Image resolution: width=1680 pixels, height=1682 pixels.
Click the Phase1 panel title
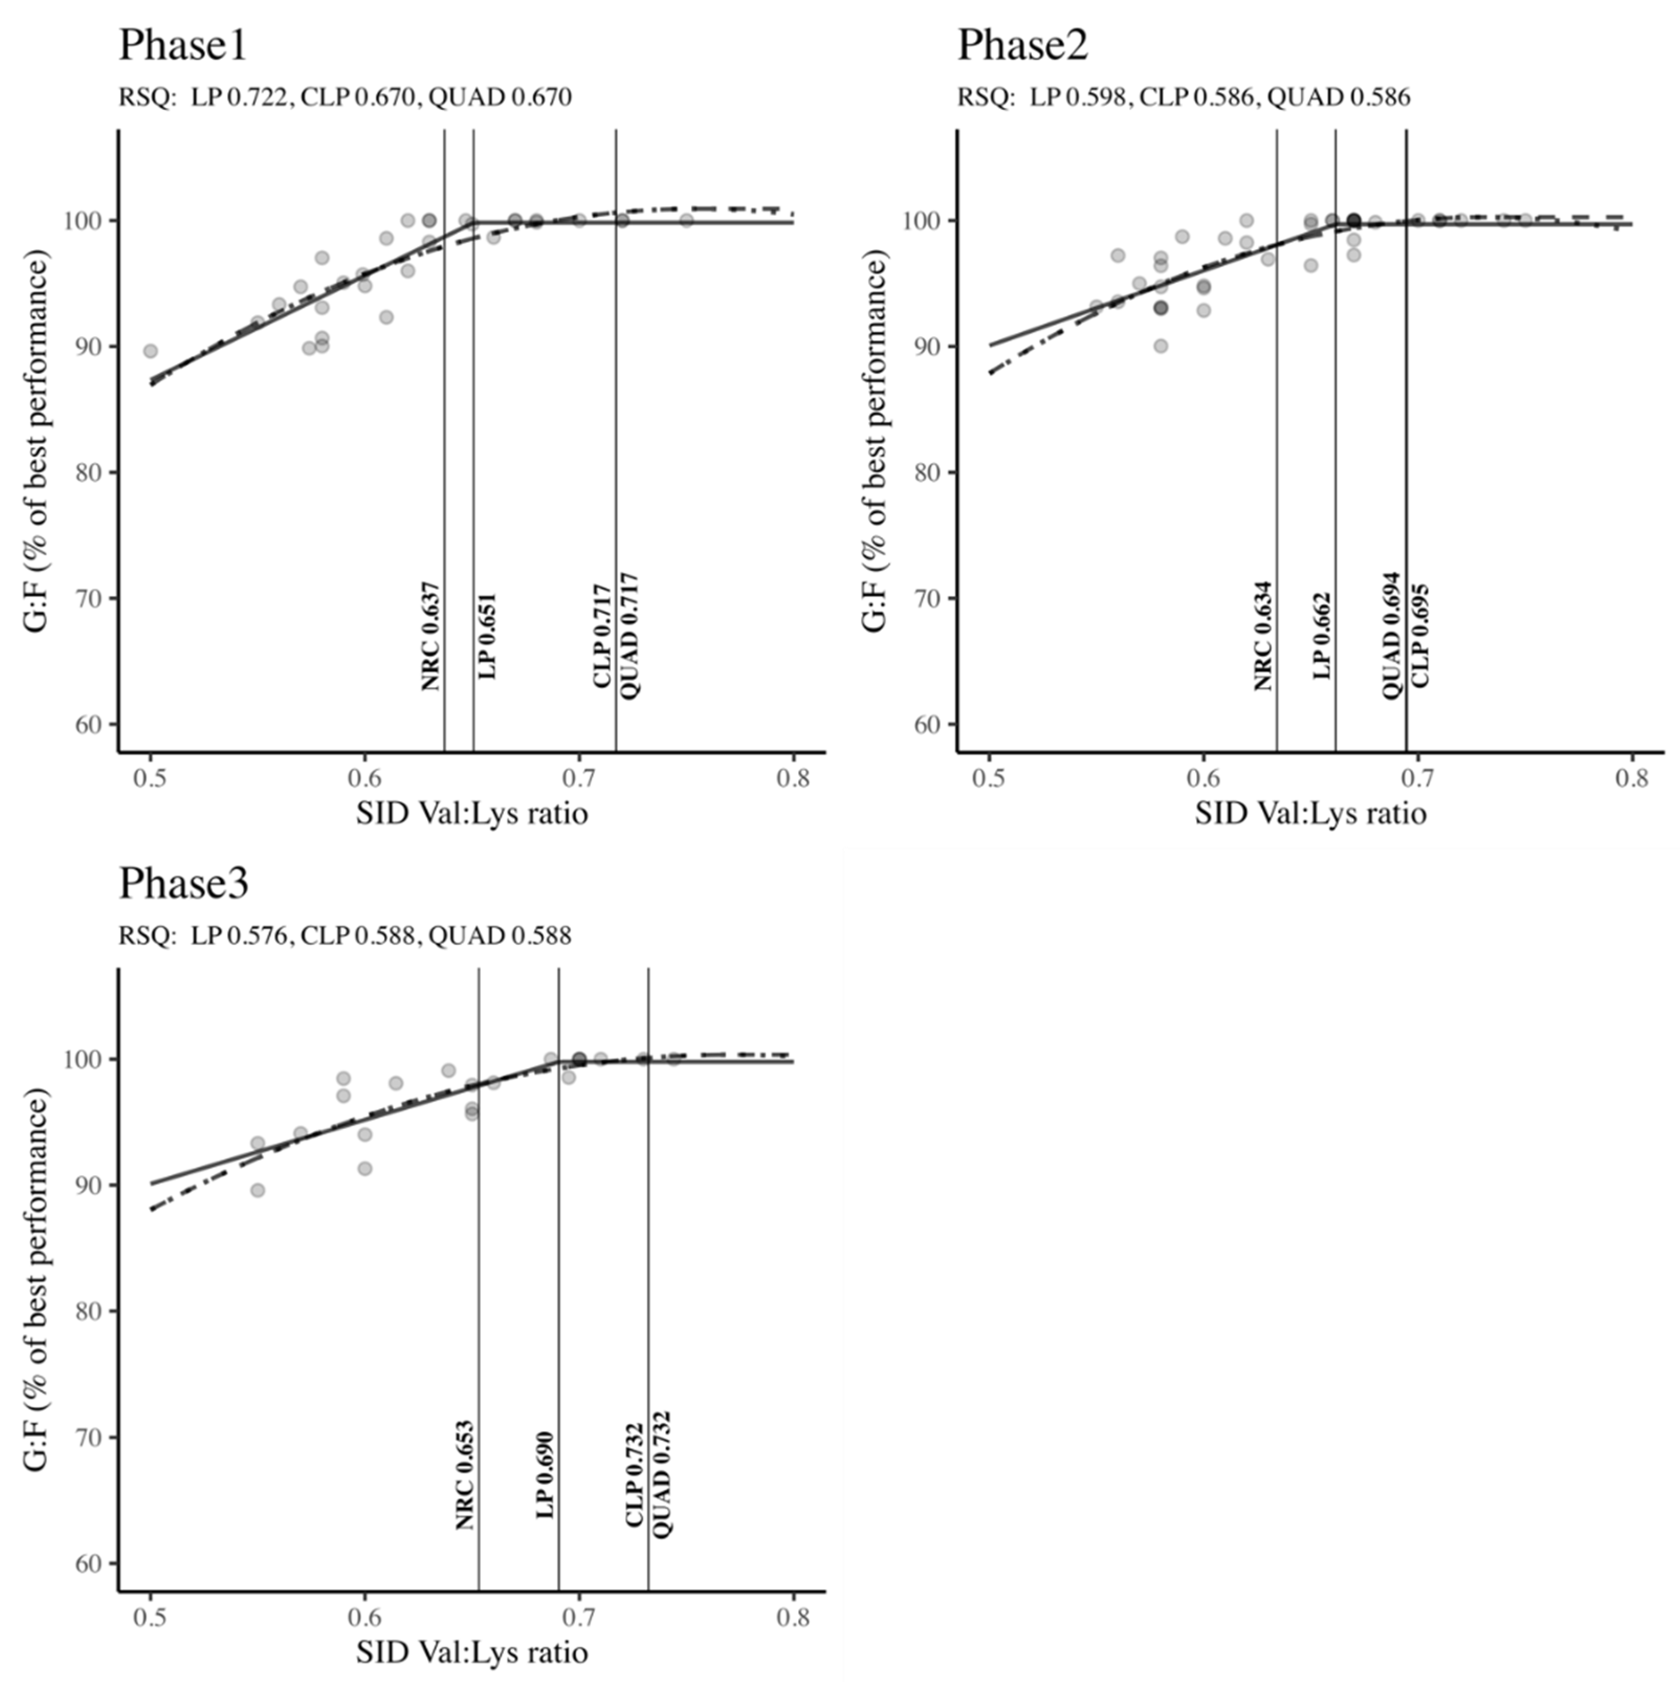coord(183,45)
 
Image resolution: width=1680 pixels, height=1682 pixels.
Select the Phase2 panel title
coord(1023,45)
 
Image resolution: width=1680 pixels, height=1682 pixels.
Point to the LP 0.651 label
coord(488,636)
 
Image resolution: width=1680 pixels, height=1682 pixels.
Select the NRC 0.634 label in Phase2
coord(1264,636)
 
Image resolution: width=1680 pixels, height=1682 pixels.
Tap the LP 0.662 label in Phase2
coord(1323,636)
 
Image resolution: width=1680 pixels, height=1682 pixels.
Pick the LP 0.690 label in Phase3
coord(545,1475)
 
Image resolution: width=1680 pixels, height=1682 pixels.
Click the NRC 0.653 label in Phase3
coord(466,1475)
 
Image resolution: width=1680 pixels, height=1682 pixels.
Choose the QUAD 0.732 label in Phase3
coord(662,1474)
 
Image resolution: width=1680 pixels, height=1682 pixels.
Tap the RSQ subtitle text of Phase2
coord(1184,97)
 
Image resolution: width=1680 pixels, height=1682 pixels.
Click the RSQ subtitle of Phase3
coord(346,936)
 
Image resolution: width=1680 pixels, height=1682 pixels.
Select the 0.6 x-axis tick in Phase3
coord(364,1617)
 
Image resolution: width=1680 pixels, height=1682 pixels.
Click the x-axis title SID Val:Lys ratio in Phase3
coord(472,1652)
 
